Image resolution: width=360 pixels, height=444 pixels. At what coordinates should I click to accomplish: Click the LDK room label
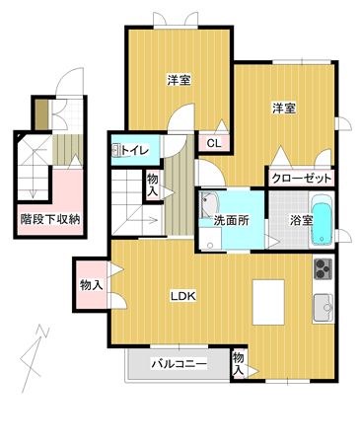182,296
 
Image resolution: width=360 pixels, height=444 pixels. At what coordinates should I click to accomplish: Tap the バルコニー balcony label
179,364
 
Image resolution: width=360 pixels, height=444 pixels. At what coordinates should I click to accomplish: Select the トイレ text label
135,151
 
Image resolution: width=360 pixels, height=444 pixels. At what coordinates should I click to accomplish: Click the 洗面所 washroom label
232,220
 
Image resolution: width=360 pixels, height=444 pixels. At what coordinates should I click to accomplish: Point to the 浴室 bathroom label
301,220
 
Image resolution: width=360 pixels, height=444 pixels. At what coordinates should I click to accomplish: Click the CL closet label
214,143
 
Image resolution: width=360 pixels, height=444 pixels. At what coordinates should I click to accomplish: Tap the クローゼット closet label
302,179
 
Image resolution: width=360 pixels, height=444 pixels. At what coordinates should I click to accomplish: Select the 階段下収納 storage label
50,219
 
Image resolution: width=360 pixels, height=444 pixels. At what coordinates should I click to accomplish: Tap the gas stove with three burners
324,268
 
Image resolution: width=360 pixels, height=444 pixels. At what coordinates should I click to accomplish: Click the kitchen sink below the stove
324,308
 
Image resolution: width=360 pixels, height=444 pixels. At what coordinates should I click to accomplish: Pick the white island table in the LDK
268,302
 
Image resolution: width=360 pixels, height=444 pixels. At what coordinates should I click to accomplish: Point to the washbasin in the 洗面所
209,205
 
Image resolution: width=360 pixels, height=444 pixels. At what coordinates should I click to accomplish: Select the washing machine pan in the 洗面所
210,239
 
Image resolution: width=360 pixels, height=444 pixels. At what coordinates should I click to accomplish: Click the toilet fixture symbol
115,151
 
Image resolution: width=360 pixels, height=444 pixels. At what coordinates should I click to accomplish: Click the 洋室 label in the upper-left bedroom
180,80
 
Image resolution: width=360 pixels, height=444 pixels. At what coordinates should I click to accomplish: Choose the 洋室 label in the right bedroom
284,108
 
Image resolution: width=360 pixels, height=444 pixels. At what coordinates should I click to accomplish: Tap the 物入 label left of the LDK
92,285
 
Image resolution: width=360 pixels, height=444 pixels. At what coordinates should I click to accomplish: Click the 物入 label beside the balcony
239,363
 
